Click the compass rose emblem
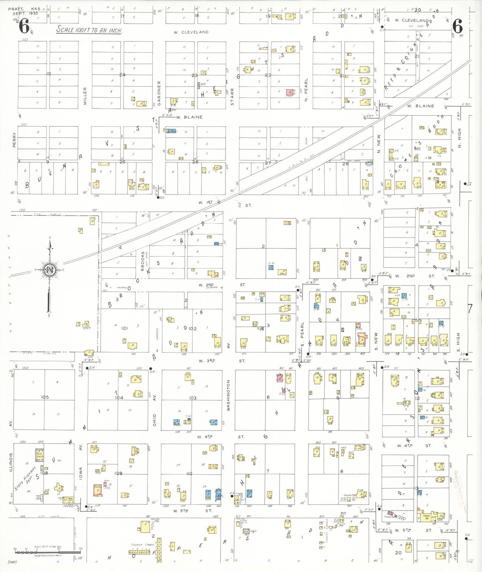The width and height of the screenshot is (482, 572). click(50, 270)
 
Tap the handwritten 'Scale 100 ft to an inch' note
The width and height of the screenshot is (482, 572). click(89, 30)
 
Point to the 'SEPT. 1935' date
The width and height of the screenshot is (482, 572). click(25, 13)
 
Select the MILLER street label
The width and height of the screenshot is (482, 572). click(85, 96)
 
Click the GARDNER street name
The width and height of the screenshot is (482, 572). click(159, 93)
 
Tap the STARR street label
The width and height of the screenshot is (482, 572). click(232, 97)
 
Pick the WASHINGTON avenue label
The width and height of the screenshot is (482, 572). click(228, 395)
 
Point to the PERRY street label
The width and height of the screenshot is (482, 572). click(14, 140)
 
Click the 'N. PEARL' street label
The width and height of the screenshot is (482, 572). click(306, 90)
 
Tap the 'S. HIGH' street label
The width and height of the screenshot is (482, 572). click(458, 343)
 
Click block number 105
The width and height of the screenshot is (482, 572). click(45, 397)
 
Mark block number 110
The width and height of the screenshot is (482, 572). click(189, 474)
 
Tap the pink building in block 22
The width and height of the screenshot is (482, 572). click(290, 92)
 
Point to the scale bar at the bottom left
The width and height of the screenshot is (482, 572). click(48, 548)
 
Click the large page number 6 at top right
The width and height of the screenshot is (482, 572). click(457, 26)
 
